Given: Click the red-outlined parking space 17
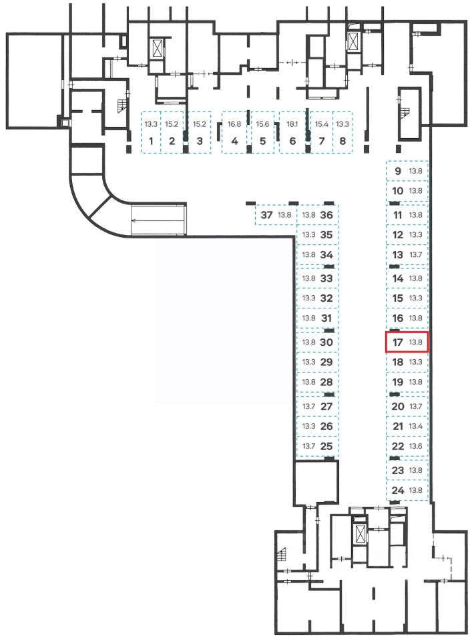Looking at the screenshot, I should pyautogui.click(x=407, y=343).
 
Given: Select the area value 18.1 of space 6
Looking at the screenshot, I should pyautogui.click(x=292, y=124).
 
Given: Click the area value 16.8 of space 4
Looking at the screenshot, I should pyautogui.click(x=234, y=124).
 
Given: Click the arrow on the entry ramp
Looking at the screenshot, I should pyautogui.click(x=158, y=218).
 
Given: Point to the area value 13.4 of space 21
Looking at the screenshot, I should pyautogui.click(x=417, y=426).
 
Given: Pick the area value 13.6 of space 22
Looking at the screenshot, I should pyautogui.click(x=417, y=446).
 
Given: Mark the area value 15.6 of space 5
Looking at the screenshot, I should pyautogui.click(x=262, y=124).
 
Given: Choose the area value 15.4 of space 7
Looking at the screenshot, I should pyautogui.click(x=322, y=124).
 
